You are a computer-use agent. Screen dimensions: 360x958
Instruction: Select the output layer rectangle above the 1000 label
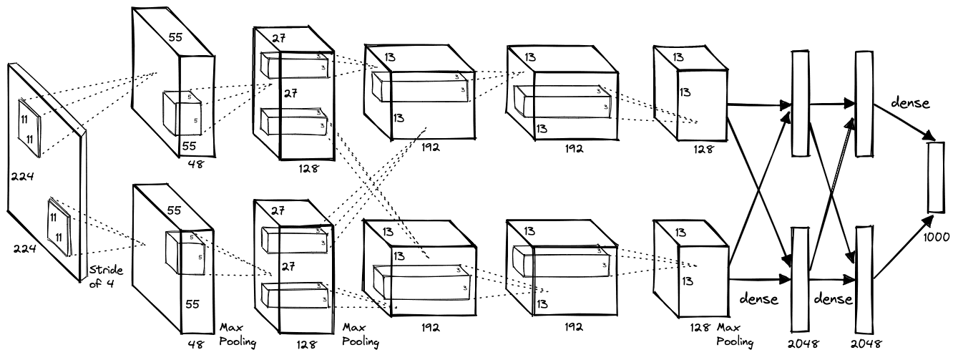pos(936,177)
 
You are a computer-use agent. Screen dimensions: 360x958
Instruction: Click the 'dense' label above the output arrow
pos(911,103)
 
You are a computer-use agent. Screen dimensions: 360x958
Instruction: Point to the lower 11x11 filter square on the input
pos(59,226)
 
